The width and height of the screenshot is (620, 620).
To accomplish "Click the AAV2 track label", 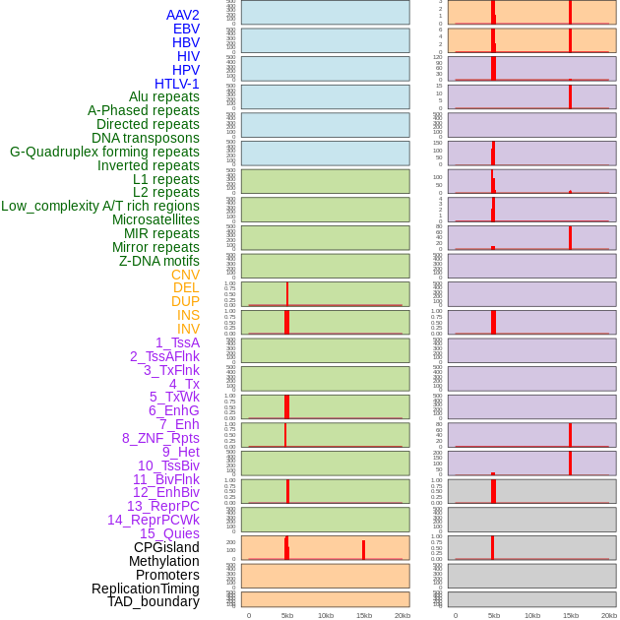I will (x=182, y=15).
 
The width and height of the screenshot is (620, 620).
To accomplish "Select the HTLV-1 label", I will (x=176, y=84).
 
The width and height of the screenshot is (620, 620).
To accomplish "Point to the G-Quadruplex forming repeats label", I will (x=104, y=152).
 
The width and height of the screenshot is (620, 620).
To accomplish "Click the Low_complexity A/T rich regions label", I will (x=99, y=206).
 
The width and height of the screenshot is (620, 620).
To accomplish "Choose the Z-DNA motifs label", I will (x=158, y=261).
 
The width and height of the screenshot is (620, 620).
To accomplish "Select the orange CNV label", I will (x=185, y=275).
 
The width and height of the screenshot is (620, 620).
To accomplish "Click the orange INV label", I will (x=188, y=329).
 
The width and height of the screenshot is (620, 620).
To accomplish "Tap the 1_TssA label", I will (x=177, y=342).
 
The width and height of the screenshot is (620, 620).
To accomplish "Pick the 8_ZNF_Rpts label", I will (x=160, y=438).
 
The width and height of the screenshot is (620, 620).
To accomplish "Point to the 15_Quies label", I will (x=169, y=533).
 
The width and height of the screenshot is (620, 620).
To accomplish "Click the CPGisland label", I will (x=166, y=547).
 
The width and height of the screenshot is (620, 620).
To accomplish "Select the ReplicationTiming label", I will (x=145, y=589).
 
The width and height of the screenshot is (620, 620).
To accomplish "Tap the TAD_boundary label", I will (x=153, y=601).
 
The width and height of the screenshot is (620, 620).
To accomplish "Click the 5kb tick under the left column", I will (x=287, y=615).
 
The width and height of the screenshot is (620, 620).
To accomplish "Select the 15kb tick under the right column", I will (x=571, y=615).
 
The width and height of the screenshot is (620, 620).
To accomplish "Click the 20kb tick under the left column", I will (x=403, y=615).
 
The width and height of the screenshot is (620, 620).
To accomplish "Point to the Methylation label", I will (x=163, y=561).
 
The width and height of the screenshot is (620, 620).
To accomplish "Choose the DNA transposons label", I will (x=146, y=138).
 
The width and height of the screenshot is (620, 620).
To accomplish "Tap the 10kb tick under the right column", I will (x=532, y=615).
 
